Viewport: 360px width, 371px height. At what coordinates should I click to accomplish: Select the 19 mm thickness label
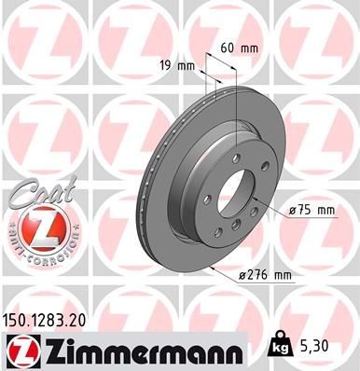[183, 65]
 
